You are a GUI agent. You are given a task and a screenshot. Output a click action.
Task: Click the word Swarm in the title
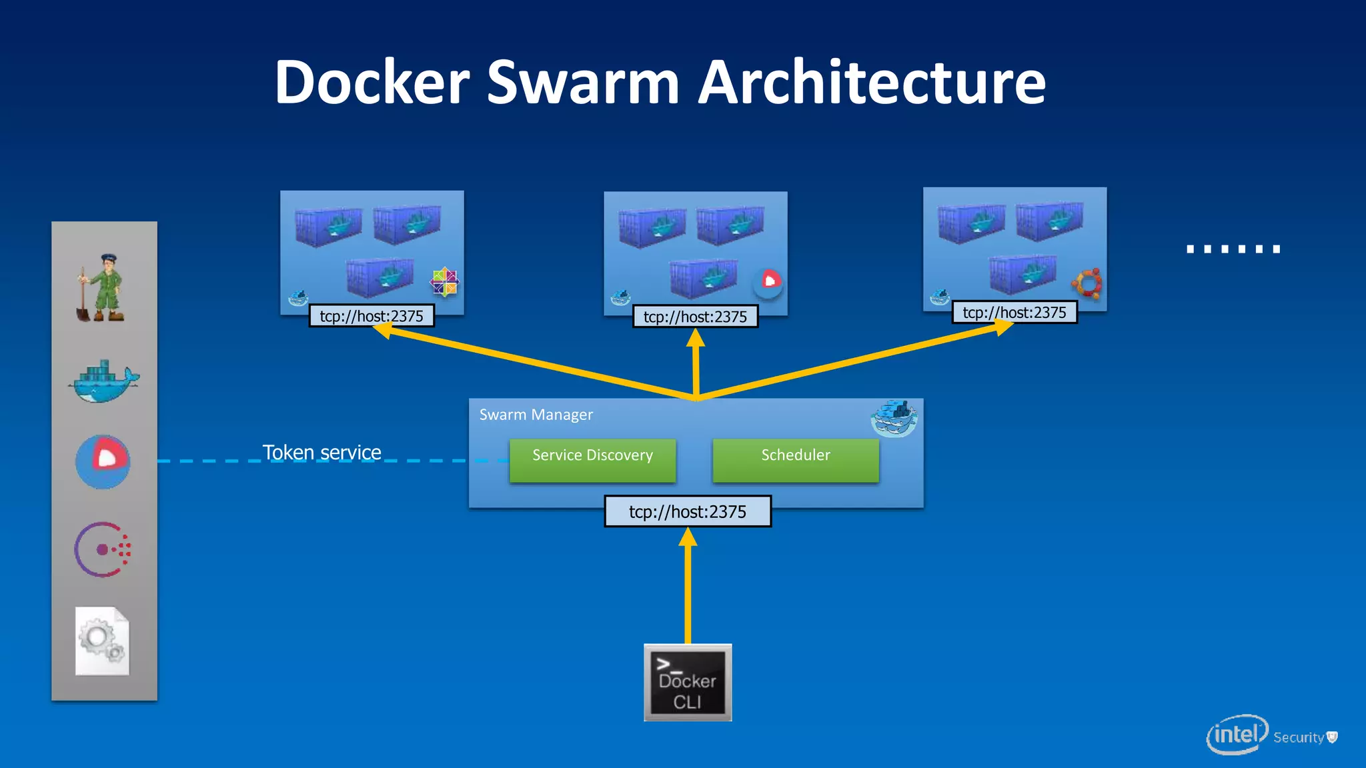pos(583,82)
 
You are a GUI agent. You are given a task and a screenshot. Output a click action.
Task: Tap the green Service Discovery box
pos(592,459)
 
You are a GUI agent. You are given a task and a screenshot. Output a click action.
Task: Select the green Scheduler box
pos(796,459)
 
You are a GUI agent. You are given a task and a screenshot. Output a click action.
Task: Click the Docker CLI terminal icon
pos(688,683)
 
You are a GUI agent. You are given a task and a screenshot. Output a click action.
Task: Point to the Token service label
pos(321,453)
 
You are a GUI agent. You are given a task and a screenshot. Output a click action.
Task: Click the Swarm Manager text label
pos(536,415)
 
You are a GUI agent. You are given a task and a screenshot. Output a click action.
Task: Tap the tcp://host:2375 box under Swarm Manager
pos(688,511)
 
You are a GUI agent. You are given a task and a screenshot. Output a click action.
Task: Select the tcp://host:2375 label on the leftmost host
pos(372,316)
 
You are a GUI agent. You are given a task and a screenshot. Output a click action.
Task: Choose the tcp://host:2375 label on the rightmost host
pos(1014,313)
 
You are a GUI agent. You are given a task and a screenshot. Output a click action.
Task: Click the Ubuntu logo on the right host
pos(1087,283)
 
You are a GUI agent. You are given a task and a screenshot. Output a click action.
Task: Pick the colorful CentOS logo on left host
pos(444,282)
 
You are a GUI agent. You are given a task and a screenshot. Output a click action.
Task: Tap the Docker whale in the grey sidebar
pos(103,382)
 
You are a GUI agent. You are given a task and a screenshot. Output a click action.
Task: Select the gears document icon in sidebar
pos(102,641)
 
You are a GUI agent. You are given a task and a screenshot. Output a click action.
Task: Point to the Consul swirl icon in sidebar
pos(102,549)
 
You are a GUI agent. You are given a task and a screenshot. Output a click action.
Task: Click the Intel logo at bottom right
pos(1237,735)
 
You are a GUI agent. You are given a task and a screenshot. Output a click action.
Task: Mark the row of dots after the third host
pos(1233,249)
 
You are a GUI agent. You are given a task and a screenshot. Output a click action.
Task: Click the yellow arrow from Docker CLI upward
pos(688,587)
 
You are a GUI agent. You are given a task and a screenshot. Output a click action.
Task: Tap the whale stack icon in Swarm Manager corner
pos(894,418)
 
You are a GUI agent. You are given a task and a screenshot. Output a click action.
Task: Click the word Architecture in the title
pos(872,82)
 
